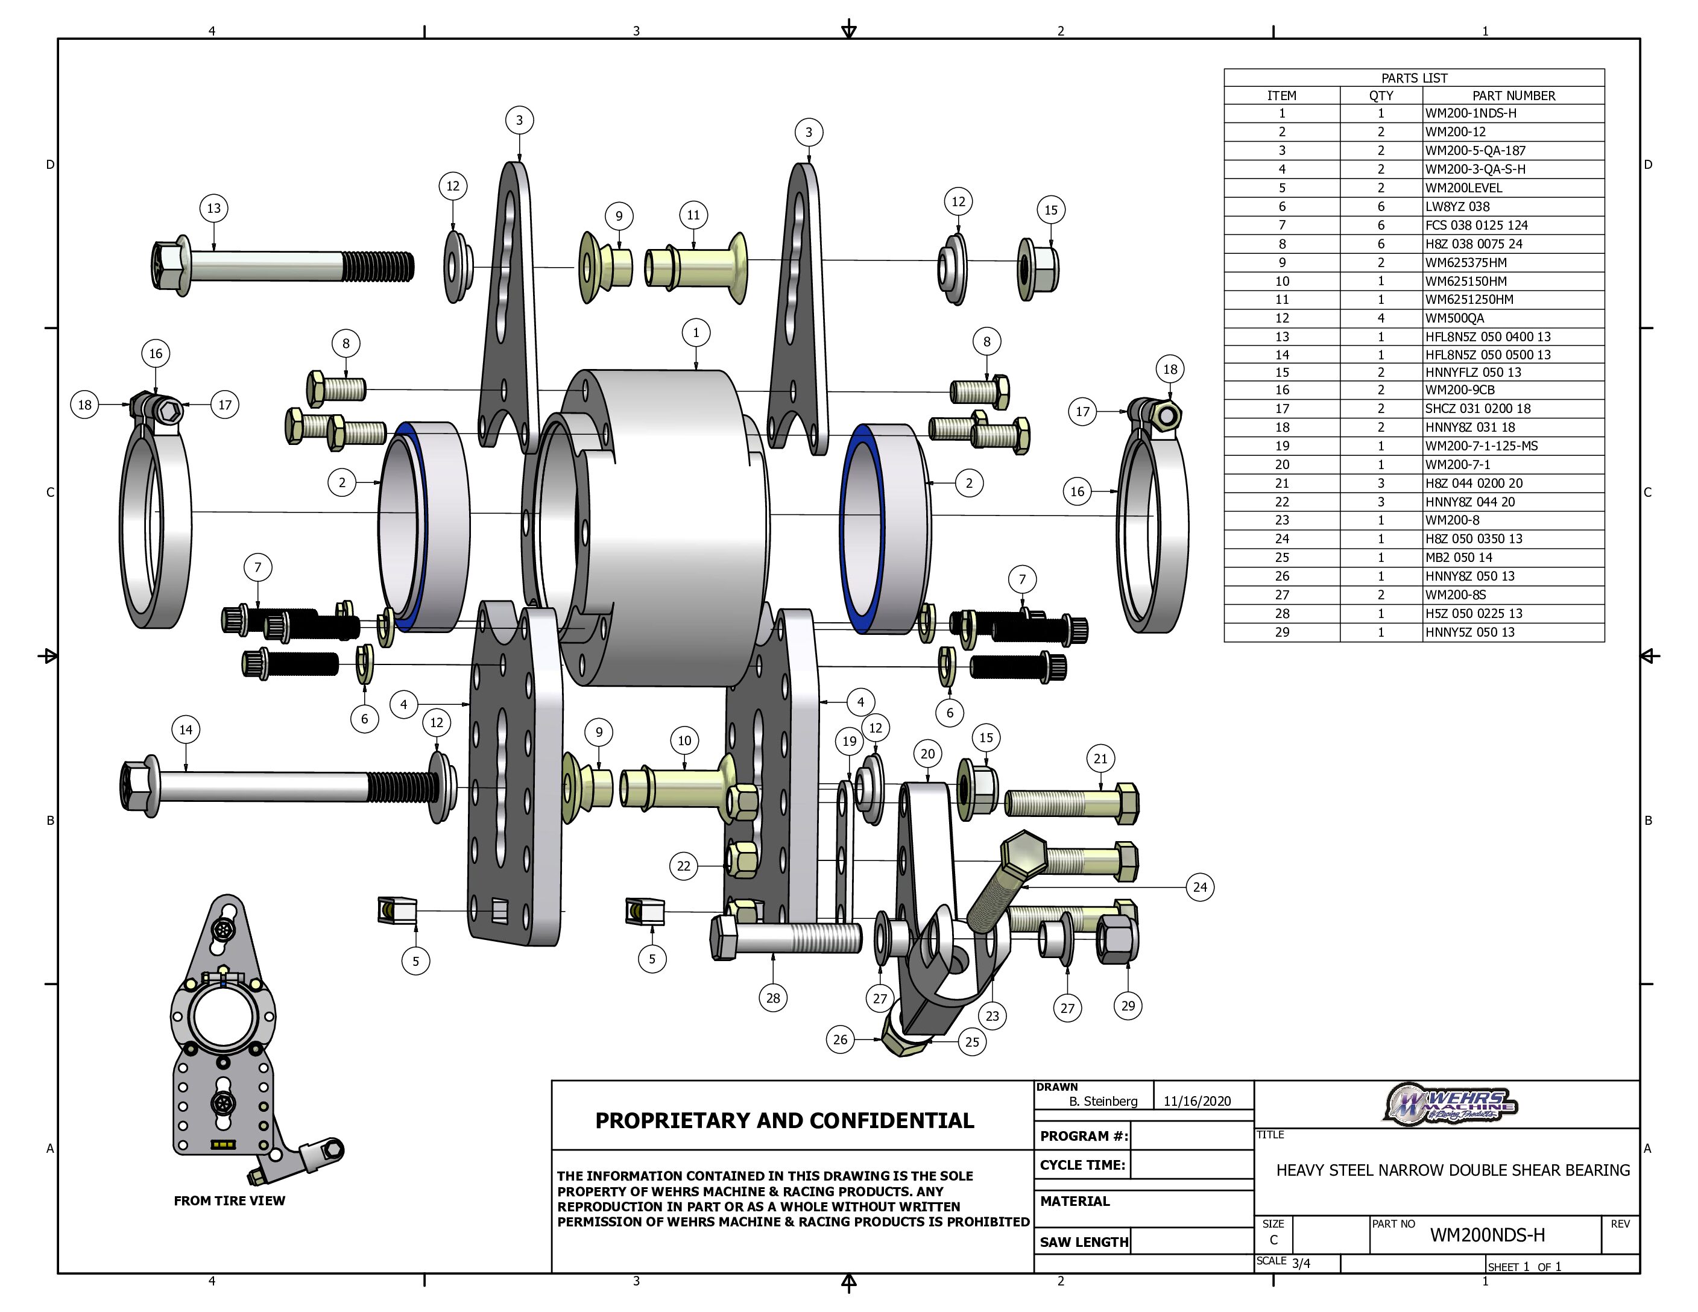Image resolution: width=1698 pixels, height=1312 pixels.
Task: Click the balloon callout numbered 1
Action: [x=696, y=333]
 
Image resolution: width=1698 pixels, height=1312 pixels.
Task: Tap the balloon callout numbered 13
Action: [x=214, y=208]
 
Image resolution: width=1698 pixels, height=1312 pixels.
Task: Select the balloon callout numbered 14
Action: [x=186, y=730]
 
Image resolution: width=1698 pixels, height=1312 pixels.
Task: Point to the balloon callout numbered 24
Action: [x=1201, y=887]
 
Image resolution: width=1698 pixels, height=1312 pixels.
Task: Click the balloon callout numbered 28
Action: [x=773, y=998]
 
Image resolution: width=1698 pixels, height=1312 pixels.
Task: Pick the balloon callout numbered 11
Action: [x=693, y=215]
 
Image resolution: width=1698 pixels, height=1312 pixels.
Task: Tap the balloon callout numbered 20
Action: [x=927, y=753]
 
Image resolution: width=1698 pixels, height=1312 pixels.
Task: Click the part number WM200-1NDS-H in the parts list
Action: [x=1471, y=113]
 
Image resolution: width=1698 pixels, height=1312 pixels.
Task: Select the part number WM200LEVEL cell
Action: [x=1464, y=188]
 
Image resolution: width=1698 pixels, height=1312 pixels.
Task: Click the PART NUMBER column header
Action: [x=1513, y=96]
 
